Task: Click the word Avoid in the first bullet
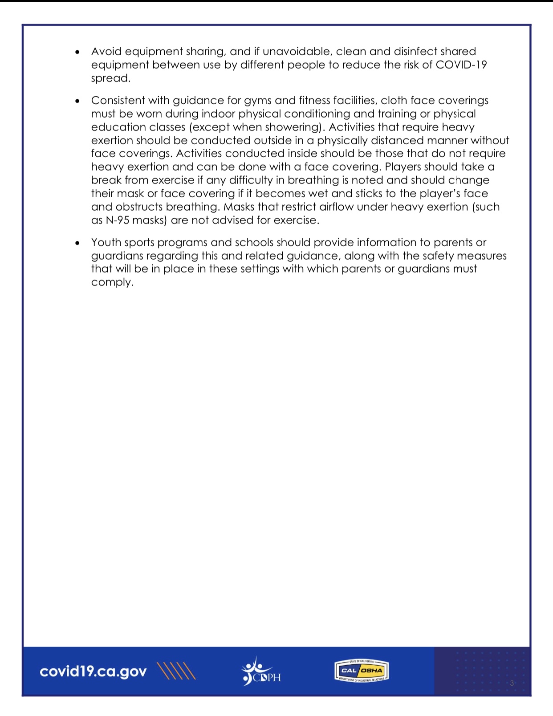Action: [106, 52]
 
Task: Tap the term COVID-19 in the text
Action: [461, 65]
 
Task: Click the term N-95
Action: [118, 220]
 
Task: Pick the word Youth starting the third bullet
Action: [106, 243]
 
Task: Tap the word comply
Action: [112, 283]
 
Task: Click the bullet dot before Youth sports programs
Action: [78, 244]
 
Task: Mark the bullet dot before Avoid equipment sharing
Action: [78, 53]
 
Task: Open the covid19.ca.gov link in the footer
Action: [93, 671]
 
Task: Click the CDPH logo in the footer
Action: [261, 671]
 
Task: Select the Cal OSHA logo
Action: [361, 671]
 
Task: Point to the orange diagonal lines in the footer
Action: [177, 671]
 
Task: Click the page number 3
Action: [512, 683]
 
